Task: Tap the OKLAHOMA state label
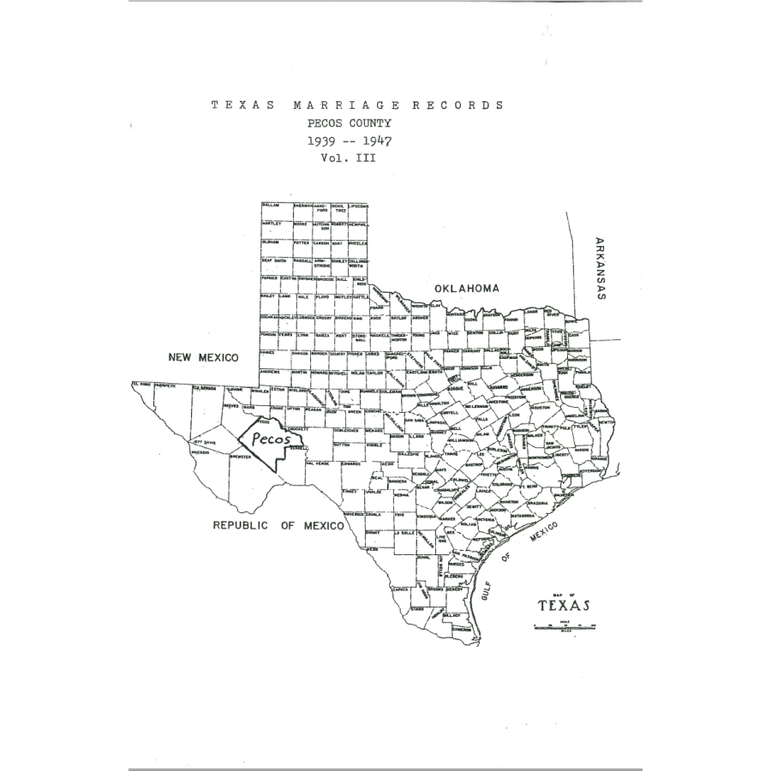[x=466, y=289]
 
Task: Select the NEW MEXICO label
[x=203, y=357]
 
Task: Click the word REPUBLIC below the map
[x=240, y=525]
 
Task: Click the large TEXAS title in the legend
[x=564, y=606]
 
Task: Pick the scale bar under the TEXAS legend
[x=564, y=626]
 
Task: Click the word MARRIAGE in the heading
[x=346, y=105]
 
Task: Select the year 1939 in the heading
[x=326, y=140]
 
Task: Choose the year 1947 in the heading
[x=374, y=140]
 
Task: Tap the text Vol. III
[x=349, y=158]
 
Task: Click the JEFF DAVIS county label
[x=204, y=442]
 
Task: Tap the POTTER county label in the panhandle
[x=302, y=243]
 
